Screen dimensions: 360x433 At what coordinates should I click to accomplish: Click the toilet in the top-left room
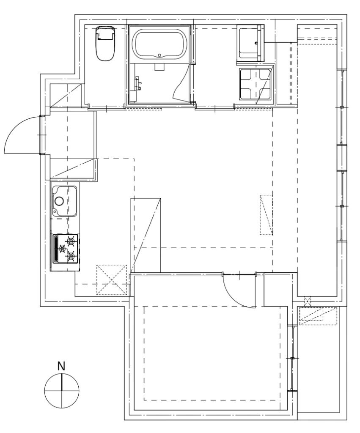click(105, 44)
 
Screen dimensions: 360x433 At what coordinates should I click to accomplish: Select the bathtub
click(159, 44)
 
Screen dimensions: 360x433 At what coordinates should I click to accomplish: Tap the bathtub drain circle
click(159, 55)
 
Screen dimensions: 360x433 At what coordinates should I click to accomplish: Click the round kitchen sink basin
click(59, 201)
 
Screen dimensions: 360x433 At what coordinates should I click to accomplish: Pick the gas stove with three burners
click(66, 249)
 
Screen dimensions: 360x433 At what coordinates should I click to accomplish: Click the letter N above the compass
click(61, 366)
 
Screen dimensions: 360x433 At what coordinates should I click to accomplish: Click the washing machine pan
click(256, 84)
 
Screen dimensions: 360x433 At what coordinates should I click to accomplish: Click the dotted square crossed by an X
click(111, 280)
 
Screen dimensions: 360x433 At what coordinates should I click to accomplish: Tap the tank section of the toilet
click(105, 32)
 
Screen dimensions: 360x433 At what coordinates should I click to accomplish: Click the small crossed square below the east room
click(307, 301)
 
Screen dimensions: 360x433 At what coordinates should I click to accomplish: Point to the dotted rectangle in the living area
click(267, 215)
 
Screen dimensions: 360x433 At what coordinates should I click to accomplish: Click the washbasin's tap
click(256, 43)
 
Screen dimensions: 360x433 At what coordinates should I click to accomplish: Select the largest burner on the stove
click(71, 241)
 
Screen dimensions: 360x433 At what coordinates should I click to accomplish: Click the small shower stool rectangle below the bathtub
click(159, 66)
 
